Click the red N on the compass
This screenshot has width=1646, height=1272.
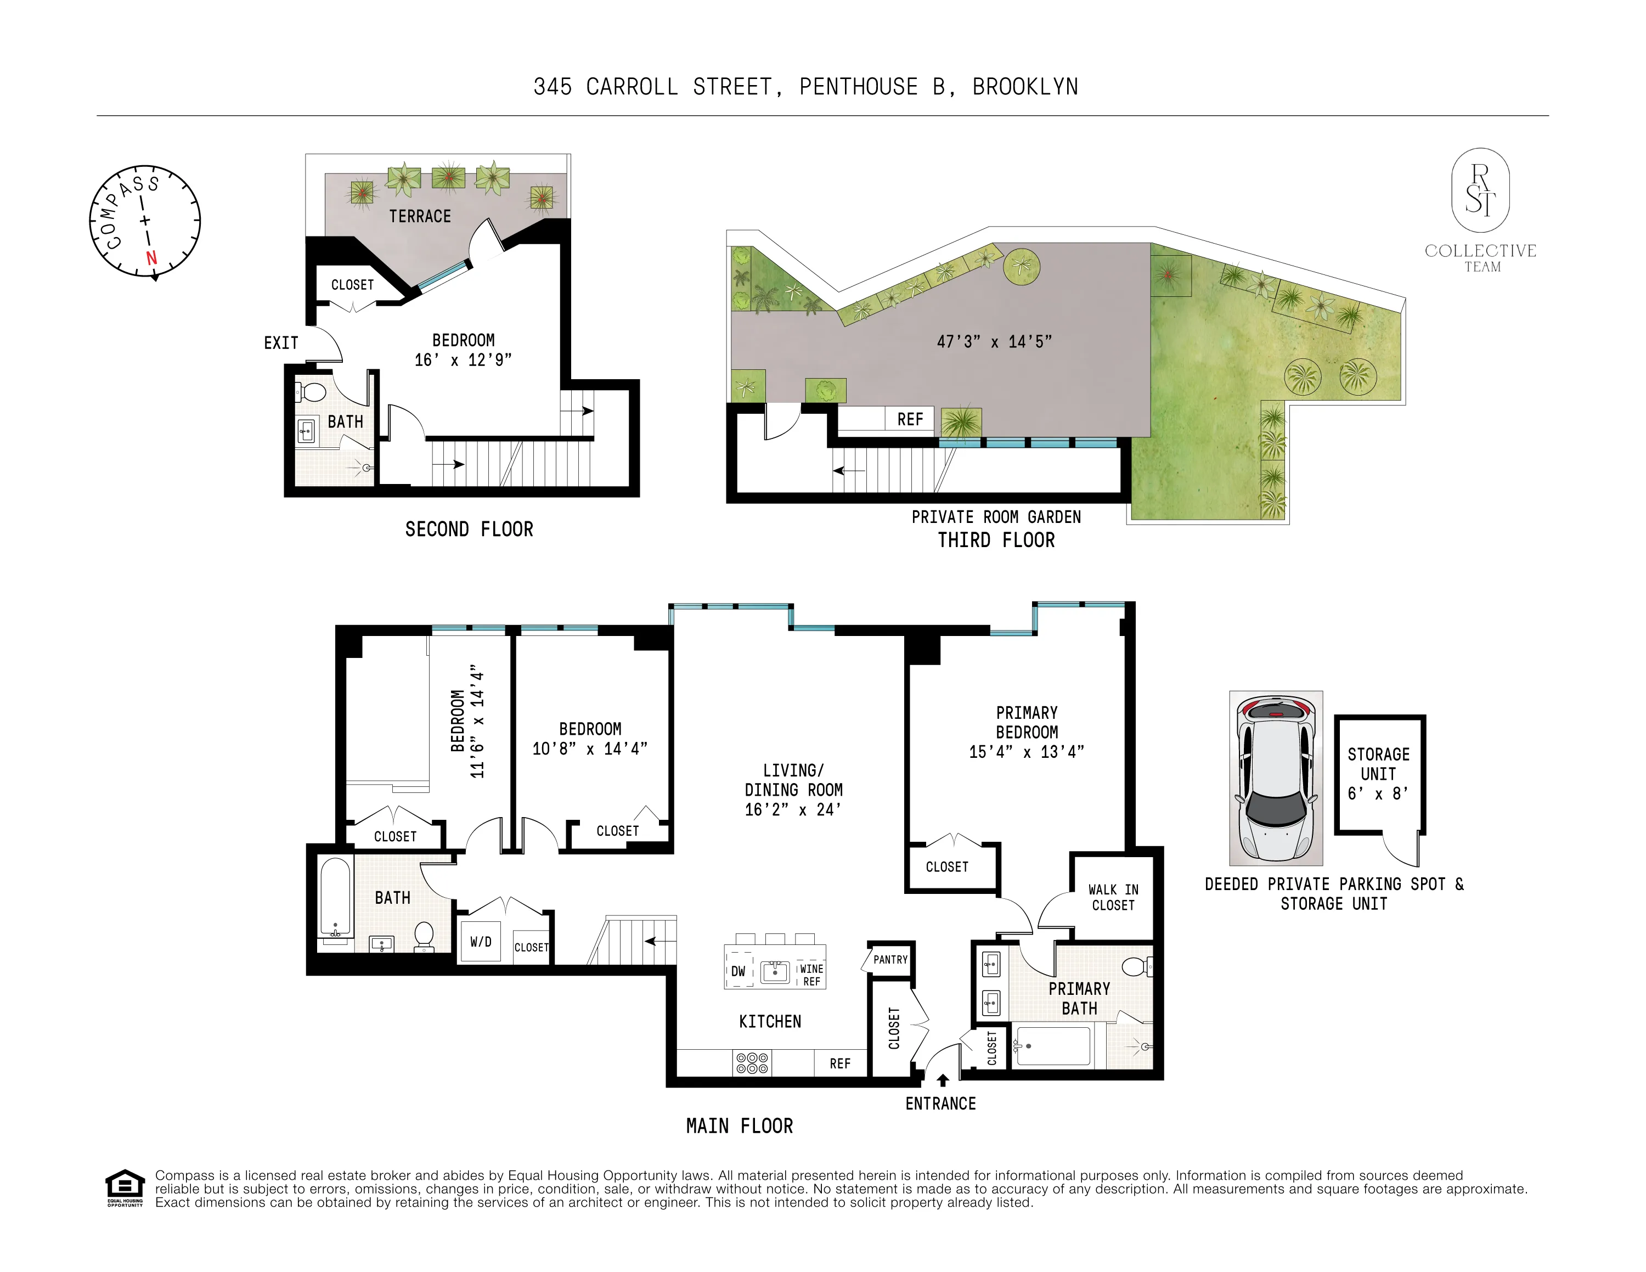151,258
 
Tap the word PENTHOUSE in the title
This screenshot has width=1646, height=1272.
859,87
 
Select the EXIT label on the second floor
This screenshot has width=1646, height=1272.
281,344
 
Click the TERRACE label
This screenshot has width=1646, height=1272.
420,217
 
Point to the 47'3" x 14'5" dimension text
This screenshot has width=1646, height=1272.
993,342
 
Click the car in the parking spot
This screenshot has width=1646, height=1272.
1276,778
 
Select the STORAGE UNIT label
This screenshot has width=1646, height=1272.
1378,764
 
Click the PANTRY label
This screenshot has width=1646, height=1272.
890,960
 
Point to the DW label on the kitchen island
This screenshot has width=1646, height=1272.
738,972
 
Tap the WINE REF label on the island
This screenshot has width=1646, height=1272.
811,975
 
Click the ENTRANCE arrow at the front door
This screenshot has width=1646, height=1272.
942,1080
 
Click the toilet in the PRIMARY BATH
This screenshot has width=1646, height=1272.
1135,966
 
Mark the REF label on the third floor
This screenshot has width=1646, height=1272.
910,420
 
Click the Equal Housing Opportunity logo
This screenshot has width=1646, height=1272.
125,1189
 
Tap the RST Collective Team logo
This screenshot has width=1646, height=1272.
1480,211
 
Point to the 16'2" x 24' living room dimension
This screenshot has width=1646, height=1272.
793,810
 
